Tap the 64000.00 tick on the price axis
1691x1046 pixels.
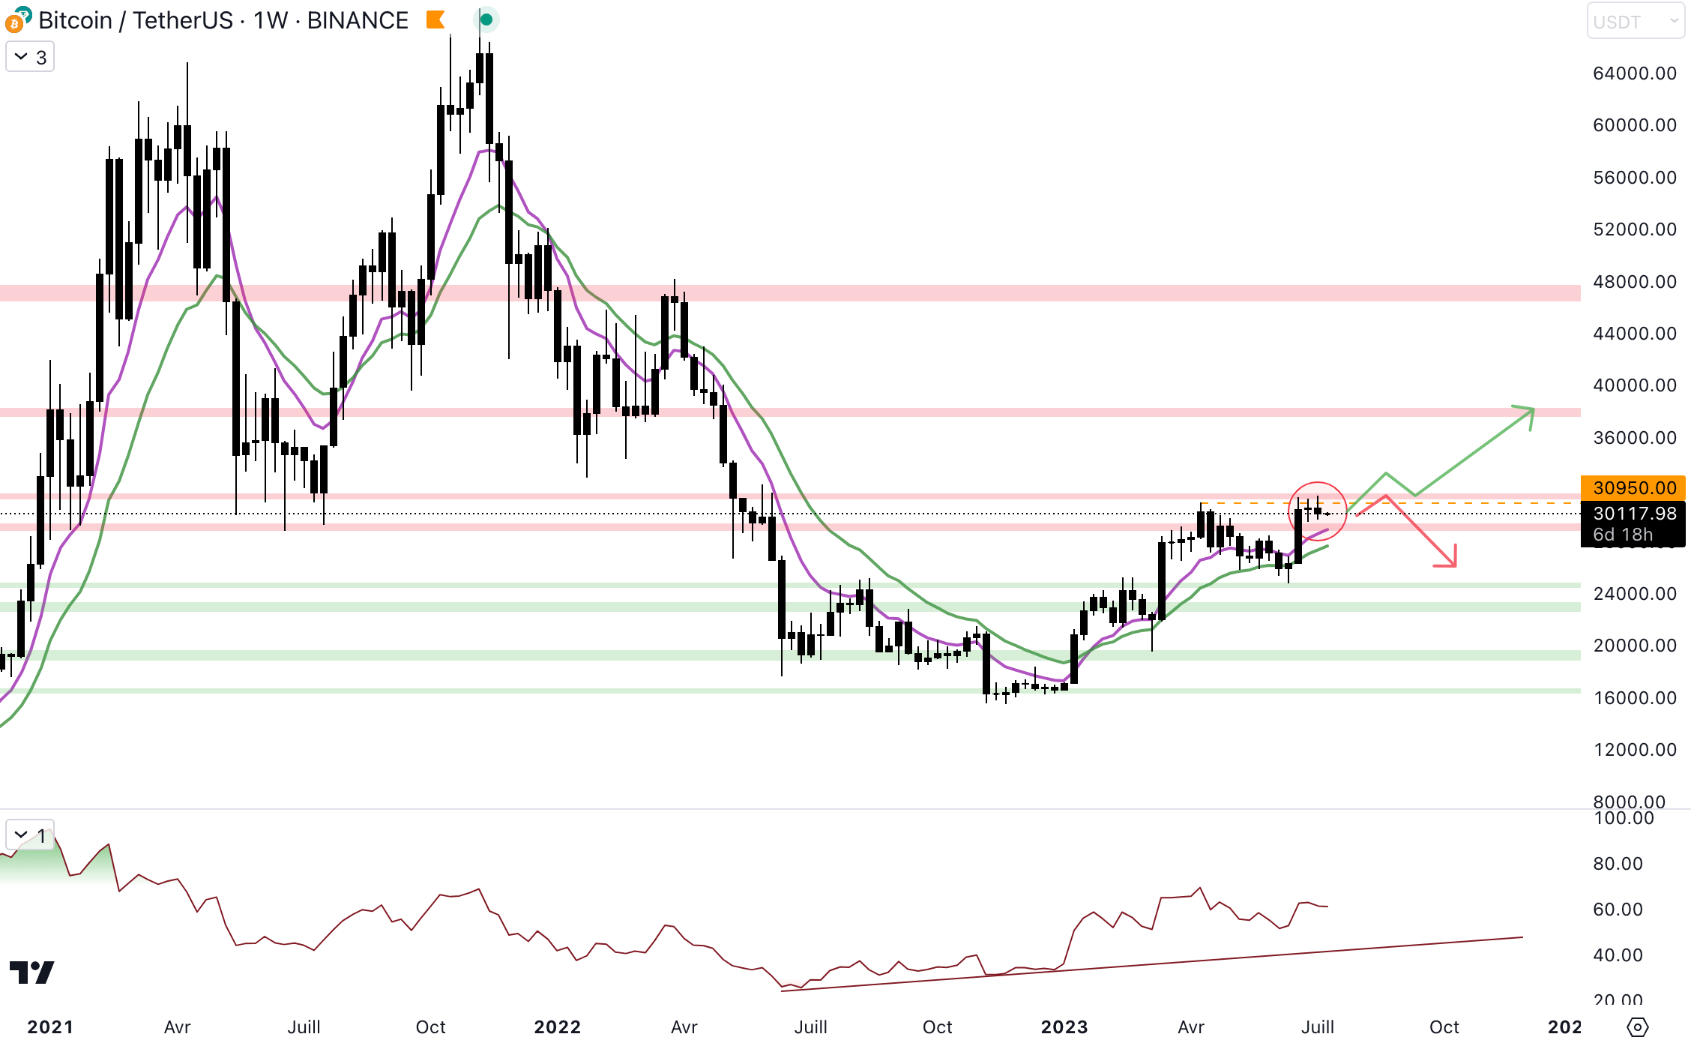click(x=1634, y=73)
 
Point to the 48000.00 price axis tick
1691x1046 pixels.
click(x=1634, y=282)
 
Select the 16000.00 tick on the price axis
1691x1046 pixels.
click(x=1634, y=698)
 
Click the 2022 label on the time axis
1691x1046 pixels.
click(x=557, y=1027)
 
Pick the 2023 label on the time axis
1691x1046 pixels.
click(x=1064, y=1027)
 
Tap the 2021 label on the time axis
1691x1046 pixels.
click(x=50, y=1027)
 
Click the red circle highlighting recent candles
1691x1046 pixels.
click(x=1317, y=511)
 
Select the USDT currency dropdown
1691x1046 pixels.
click(x=1635, y=21)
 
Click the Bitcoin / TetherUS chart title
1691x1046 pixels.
click(x=223, y=20)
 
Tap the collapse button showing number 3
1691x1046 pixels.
click(x=30, y=57)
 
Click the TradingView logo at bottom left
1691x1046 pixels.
click(x=31, y=972)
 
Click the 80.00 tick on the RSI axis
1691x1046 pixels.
click(x=1618, y=864)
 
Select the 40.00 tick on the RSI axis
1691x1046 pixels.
click(x=1618, y=955)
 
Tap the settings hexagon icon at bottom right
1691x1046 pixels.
click(x=1638, y=1027)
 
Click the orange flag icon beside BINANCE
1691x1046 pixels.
click(x=435, y=20)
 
